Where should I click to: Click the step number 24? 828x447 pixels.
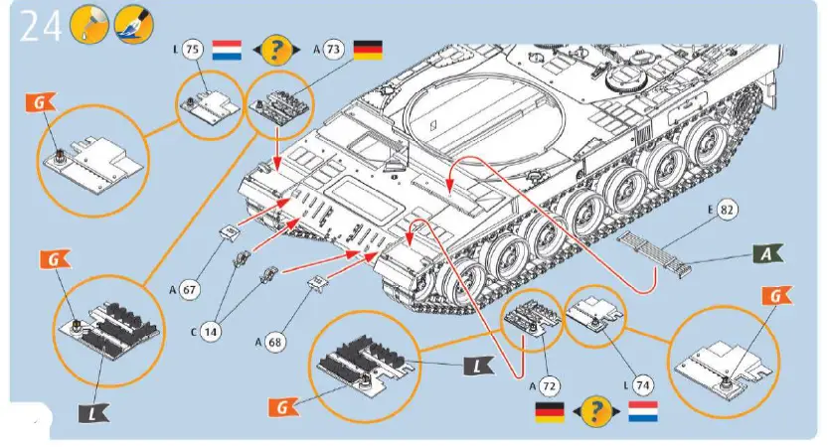point(40,26)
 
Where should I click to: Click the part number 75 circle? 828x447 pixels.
point(193,50)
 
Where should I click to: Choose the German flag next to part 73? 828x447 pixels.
point(370,50)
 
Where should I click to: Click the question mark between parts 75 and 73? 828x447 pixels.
point(281,50)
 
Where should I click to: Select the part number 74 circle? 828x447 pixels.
point(641,383)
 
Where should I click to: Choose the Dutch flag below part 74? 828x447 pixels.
point(642,410)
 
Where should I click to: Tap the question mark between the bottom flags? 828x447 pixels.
point(595,410)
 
